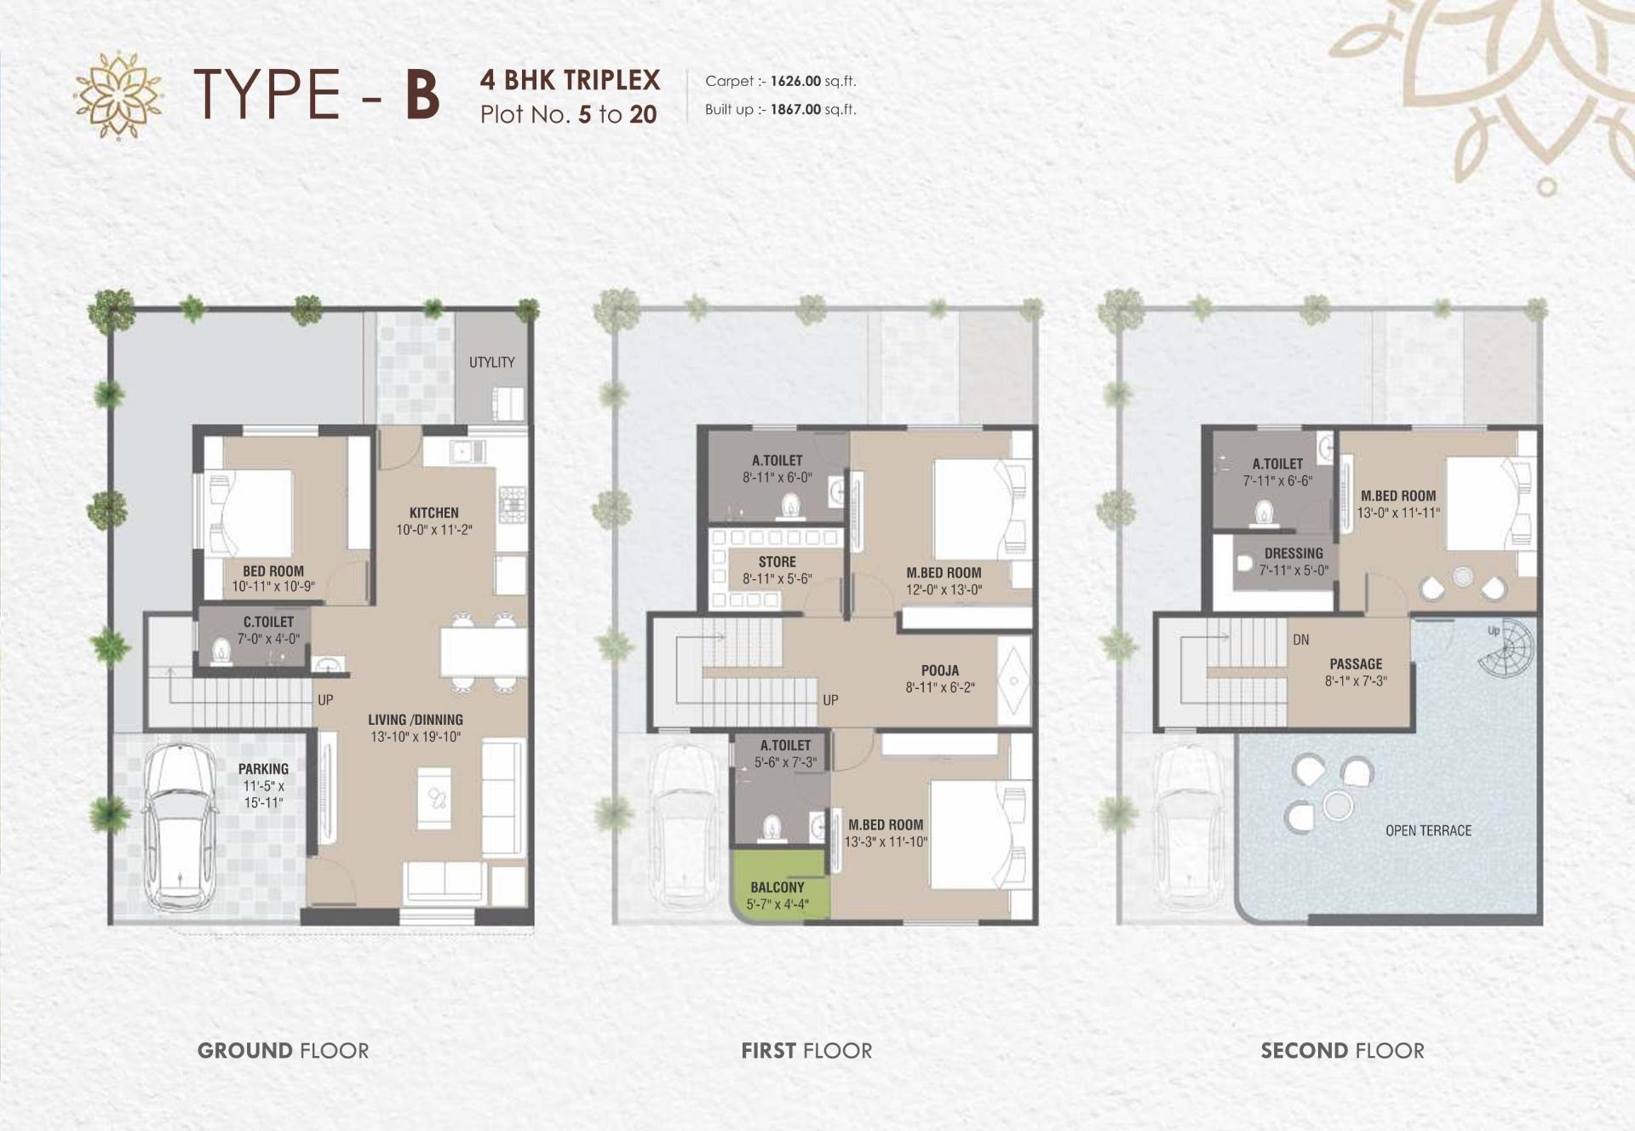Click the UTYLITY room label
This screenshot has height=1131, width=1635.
point(491,362)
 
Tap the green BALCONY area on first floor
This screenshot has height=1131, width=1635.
point(777,895)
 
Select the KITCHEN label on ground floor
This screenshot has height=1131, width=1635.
point(433,513)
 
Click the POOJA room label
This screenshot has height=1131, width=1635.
point(939,670)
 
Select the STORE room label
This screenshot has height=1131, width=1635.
point(777,562)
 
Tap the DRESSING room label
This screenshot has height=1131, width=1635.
point(1294,554)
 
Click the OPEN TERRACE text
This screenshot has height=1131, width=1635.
point(1428,830)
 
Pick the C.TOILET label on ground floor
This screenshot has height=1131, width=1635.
point(268,623)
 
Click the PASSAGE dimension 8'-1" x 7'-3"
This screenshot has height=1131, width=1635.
point(1356,680)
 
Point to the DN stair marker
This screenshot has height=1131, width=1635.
point(1300,640)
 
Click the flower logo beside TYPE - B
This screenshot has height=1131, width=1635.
point(118,95)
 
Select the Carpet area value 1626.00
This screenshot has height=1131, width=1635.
point(795,82)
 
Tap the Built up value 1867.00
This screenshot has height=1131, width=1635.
point(795,109)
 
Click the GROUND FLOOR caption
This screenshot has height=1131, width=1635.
point(283,1050)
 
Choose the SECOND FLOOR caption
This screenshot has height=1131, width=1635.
point(1342,1050)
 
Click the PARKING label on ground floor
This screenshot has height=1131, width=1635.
point(263,769)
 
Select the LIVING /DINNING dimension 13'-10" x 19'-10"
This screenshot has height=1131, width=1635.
point(416,737)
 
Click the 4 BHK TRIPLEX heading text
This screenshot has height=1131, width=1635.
point(570,80)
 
